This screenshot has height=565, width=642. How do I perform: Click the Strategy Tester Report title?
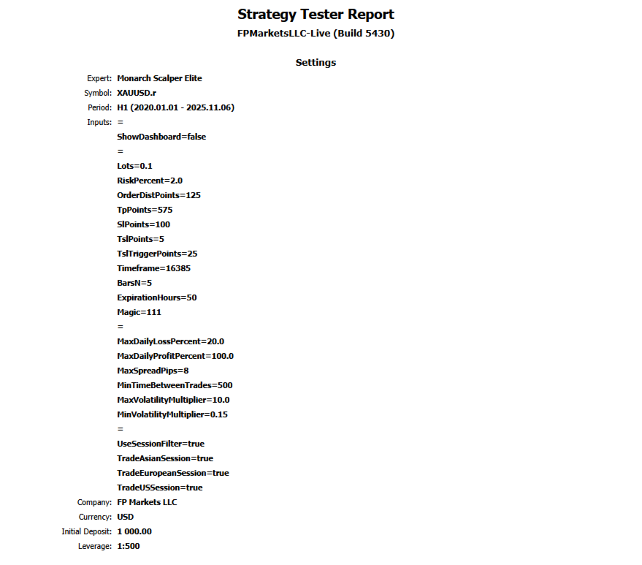click(316, 15)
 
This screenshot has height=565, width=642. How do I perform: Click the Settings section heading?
click(316, 63)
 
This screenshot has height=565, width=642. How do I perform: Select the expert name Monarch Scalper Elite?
click(159, 78)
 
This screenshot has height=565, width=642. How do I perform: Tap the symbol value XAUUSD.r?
click(136, 93)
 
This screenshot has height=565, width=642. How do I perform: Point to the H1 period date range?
click(175, 107)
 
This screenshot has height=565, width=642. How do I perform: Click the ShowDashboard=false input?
click(161, 137)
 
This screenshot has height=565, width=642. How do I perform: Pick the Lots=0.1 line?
click(134, 166)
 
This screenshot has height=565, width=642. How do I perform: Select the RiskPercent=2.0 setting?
click(150, 181)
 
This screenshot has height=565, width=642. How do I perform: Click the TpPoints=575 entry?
click(145, 210)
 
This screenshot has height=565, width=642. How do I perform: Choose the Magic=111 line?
click(139, 312)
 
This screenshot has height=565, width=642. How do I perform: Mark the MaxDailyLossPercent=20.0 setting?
click(170, 341)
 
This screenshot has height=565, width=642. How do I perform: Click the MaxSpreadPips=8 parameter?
click(153, 371)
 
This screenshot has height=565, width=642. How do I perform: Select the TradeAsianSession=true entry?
click(165, 458)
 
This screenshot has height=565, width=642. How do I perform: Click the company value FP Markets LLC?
click(147, 502)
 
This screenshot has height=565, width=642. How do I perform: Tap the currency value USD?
click(126, 517)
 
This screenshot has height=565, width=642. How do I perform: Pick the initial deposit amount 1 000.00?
click(134, 531)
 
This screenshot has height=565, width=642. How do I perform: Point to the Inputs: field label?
click(99, 122)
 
